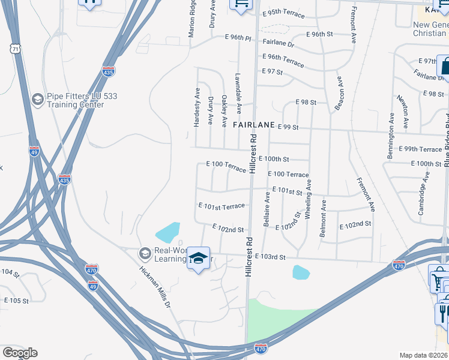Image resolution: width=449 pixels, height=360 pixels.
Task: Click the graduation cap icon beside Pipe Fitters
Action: (x=37, y=98)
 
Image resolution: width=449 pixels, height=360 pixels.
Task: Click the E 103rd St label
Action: (x=270, y=257)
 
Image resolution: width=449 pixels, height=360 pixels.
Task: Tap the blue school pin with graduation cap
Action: (x=197, y=258)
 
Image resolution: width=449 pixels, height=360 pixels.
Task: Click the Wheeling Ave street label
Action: (x=309, y=202)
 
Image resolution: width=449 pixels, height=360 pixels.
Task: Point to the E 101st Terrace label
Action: (x=221, y=206)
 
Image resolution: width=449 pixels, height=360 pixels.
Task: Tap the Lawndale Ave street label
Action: (x=238, y=94)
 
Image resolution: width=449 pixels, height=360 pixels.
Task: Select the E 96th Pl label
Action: (x=237, y=37)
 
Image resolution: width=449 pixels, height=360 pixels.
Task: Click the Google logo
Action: (x=19, y=353)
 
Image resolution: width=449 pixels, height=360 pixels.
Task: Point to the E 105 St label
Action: (x=16, y=301)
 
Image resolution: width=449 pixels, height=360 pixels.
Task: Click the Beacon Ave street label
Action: (x=339, y=94)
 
